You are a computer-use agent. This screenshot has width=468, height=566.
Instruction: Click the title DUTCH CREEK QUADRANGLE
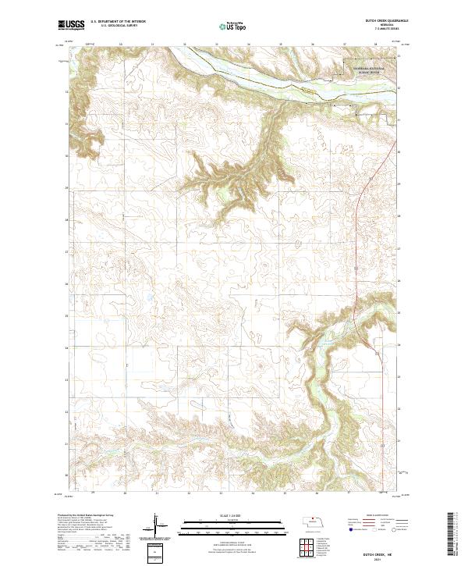coord(376,22)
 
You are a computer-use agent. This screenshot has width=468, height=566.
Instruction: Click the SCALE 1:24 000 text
coord(222,516)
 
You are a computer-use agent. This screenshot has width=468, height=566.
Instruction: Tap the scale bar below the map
coord(222,528)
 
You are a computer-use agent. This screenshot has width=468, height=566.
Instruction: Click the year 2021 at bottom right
coord(378,555)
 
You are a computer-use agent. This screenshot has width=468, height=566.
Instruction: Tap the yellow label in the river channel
coord(310,92)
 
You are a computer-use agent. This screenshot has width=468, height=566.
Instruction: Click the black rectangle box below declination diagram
coord(155,551)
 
